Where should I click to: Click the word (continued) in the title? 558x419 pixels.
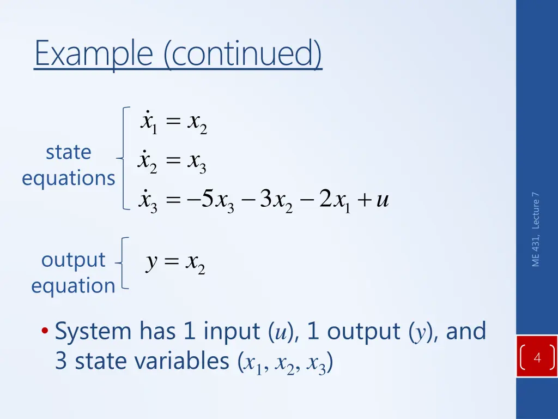coord(243,54)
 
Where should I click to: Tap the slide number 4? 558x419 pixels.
coord(537,358)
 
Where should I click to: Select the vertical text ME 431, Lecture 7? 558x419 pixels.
coord(536,229)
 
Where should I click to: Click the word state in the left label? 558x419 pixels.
coord(68,152)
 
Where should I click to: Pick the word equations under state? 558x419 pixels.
coord(69,178)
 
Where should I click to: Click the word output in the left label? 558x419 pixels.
coord(73,260)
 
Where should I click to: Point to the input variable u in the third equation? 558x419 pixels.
coord(382,200)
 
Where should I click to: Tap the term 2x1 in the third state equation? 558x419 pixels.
coord(333,201)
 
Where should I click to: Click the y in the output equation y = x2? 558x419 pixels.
coord(152,264)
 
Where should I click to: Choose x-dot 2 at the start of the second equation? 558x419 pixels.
coord(148,161)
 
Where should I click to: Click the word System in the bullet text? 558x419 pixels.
coord(93,331)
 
